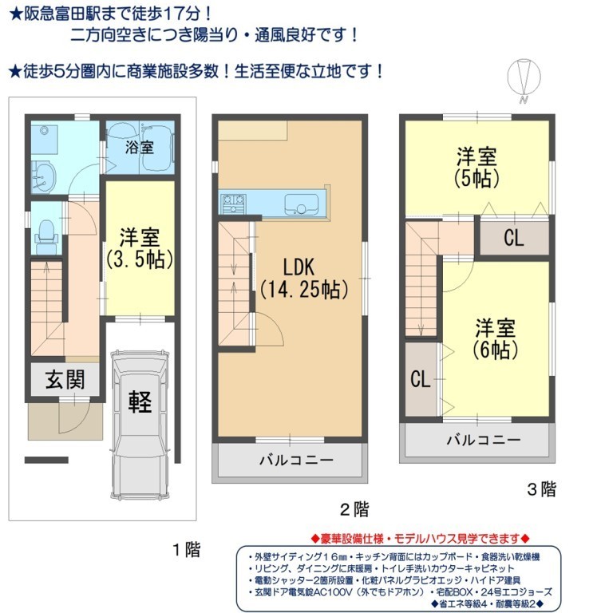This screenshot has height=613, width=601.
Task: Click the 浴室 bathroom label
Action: (x=139, y=148)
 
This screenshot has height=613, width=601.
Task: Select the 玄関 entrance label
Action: (x=65, y=379)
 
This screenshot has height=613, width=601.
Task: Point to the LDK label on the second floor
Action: (x=299, y=267)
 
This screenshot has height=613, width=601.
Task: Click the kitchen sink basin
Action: (x=299, y=204)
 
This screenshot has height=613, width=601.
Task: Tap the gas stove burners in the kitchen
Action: (x=233, y=204)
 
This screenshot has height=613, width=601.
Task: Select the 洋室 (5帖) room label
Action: (x=476, y=168)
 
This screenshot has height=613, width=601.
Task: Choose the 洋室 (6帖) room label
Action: (x=495, y=338)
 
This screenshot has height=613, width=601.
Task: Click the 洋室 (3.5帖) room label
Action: (x=140, y=248)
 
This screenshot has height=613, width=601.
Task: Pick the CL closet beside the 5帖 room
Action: (x=514, y=237)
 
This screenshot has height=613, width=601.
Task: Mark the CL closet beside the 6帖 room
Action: (x=421, y=379)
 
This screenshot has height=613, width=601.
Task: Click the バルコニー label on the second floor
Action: (x=296, y=460)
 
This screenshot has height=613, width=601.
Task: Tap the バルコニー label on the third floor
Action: (x=484, y=441)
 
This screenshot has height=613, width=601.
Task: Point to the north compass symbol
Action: (x=524, y=78)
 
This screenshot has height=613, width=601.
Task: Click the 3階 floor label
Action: (x=542, y=489)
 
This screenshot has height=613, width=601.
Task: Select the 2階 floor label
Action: (x=354, y=509)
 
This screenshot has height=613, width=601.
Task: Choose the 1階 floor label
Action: (x=187, y=550)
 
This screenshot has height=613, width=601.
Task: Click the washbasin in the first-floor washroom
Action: (x=44, y=178)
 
